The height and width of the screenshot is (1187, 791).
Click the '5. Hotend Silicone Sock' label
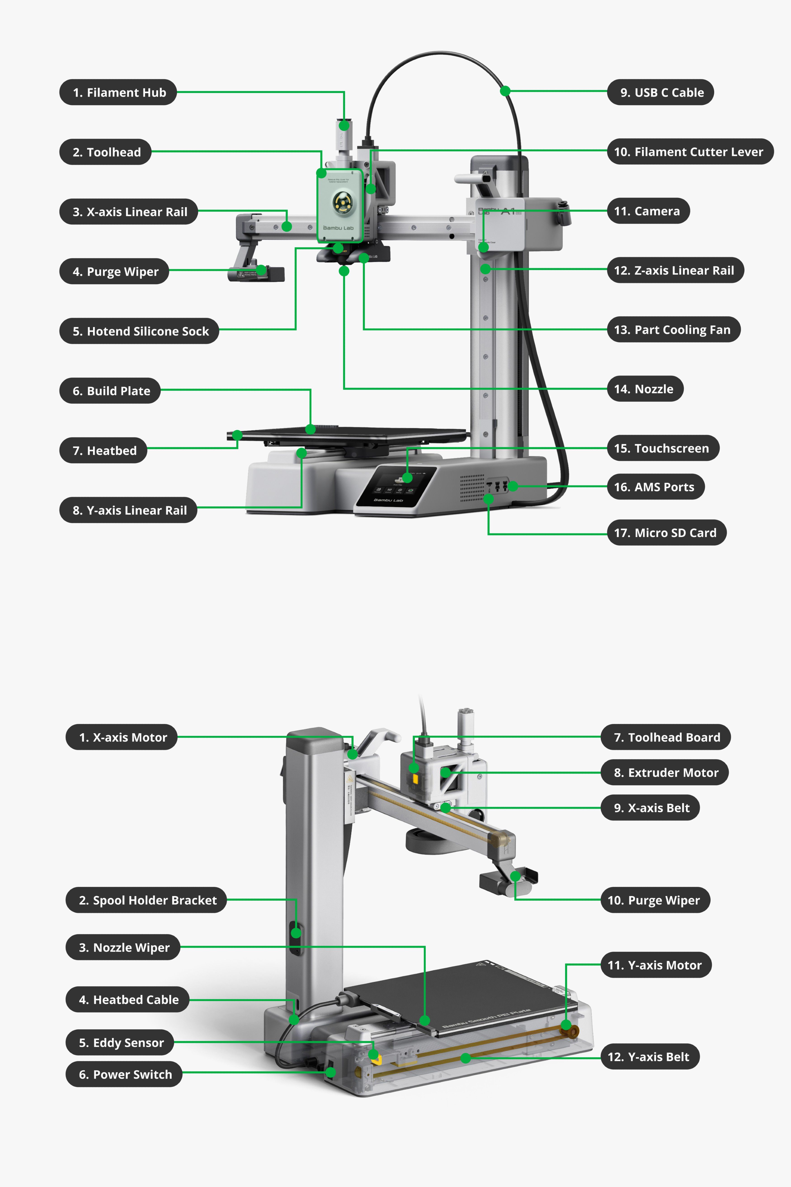139,331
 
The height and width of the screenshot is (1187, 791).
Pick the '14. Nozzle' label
645,389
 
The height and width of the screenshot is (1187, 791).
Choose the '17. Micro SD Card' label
666,532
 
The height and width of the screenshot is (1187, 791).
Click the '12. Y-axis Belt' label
649,1056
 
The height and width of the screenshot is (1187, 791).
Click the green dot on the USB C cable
505,91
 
